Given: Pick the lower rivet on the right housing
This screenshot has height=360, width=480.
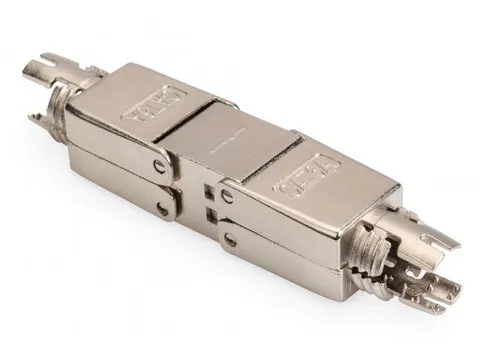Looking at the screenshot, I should (231, 241).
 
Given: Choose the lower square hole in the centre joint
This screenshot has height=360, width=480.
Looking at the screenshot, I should (209, 212).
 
